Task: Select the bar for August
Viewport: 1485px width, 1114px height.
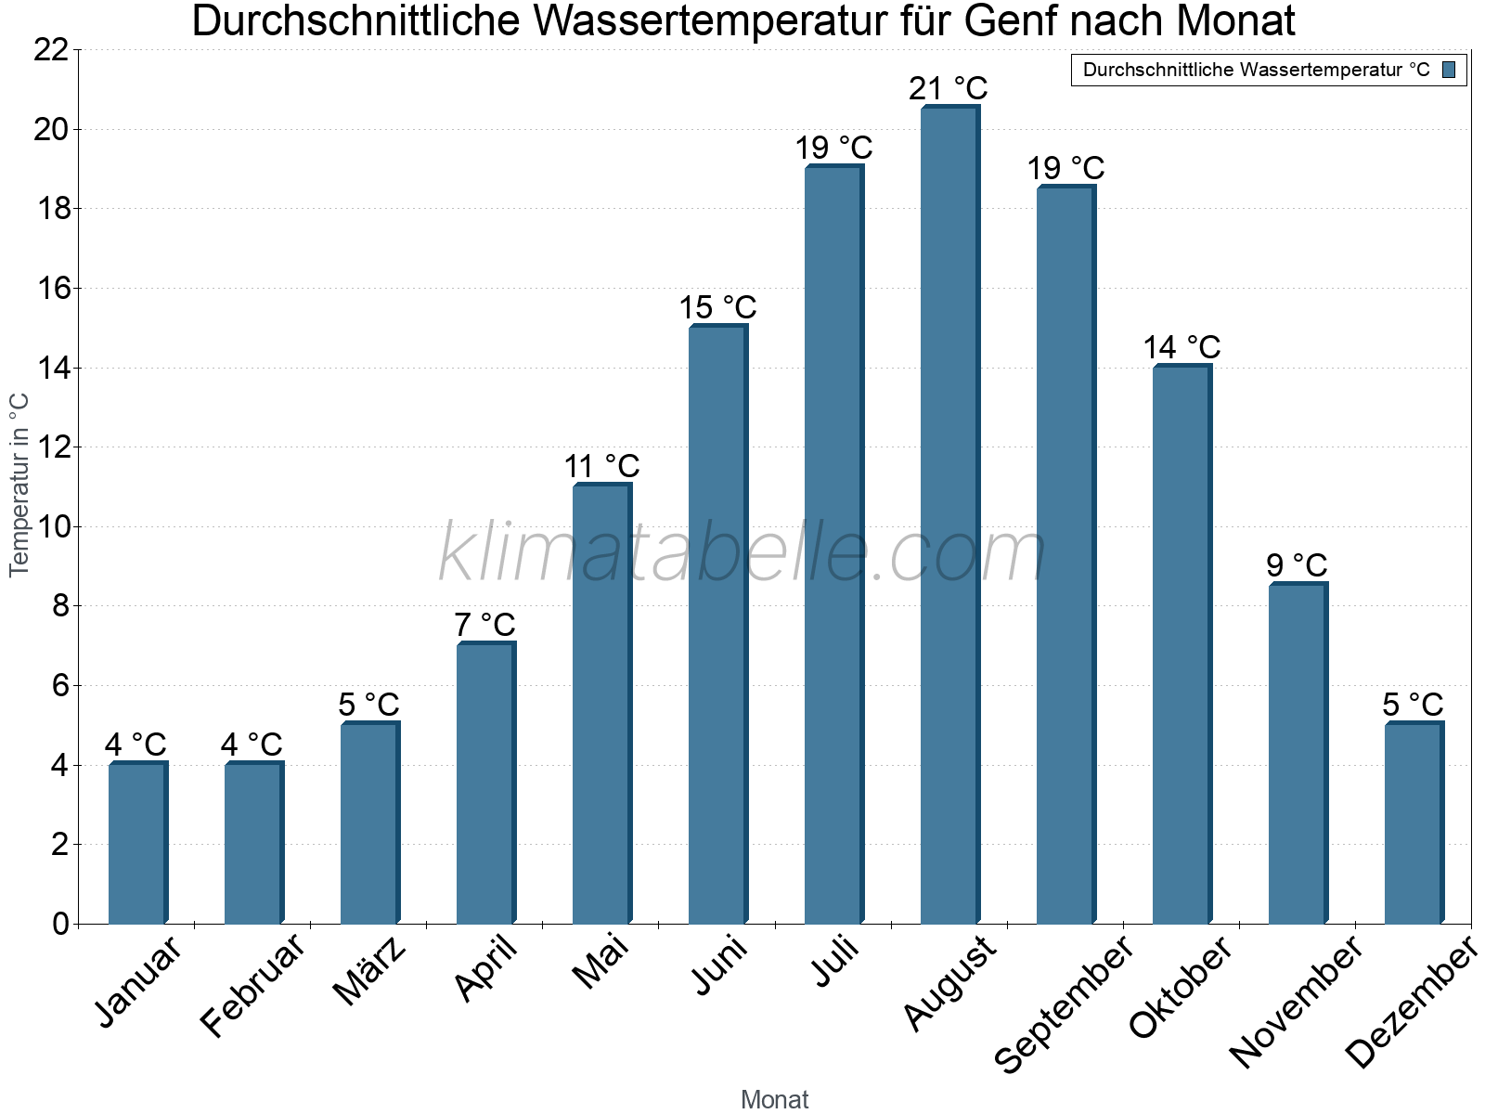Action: [x=949, y=515]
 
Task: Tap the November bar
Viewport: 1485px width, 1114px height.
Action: [x=1298, y=753]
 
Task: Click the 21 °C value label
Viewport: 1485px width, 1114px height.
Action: [x=948, y=89]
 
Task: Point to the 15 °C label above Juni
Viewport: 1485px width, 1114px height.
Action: [x=717, y=307]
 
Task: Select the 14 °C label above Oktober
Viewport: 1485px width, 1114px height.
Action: [x=1182, y=347]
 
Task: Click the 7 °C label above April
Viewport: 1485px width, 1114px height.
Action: [x=484, y=625]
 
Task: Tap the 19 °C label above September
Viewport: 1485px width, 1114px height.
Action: [x=1065, y=168]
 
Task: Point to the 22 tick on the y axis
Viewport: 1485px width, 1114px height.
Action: [x=51, y=50]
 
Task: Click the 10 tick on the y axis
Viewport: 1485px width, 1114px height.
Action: [x=51, y=527]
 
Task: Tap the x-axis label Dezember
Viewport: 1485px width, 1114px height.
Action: [x=1411, y=1003]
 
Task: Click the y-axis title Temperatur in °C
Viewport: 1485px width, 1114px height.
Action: [x=19, y=485]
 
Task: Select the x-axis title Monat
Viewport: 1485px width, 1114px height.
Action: [x=774, y=1100]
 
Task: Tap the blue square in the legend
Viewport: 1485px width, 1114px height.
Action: [x=1449, y=70]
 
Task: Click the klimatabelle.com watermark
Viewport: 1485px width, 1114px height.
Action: [x=742, y=552]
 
